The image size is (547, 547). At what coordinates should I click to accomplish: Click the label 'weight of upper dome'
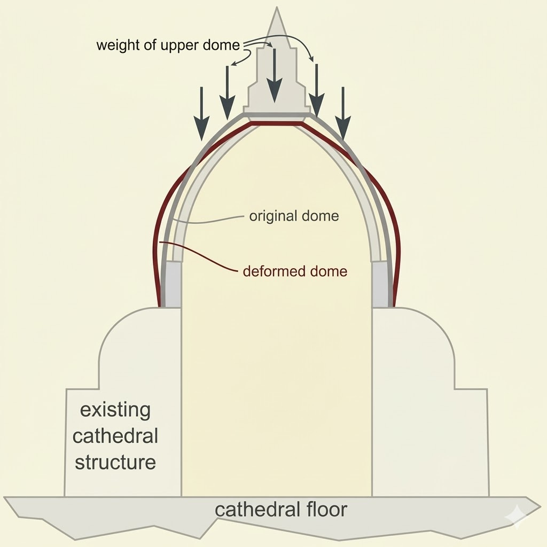(x=168, y=45)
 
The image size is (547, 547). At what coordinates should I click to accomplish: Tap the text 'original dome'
(x=294, y=216)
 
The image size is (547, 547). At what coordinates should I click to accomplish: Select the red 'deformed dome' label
(x=295, y=271)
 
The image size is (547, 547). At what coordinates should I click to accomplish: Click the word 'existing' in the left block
(x=115, y=411)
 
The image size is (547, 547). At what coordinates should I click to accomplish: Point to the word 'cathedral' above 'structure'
(x=115, y=436)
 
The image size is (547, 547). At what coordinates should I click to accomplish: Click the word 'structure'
(x=115, y=462)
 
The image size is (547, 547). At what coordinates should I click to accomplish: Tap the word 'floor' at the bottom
(x=323, y=509)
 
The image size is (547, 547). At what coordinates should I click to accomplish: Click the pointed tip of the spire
(x=277, y=10)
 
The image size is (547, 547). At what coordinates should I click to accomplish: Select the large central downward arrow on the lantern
(x=275, y=75)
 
